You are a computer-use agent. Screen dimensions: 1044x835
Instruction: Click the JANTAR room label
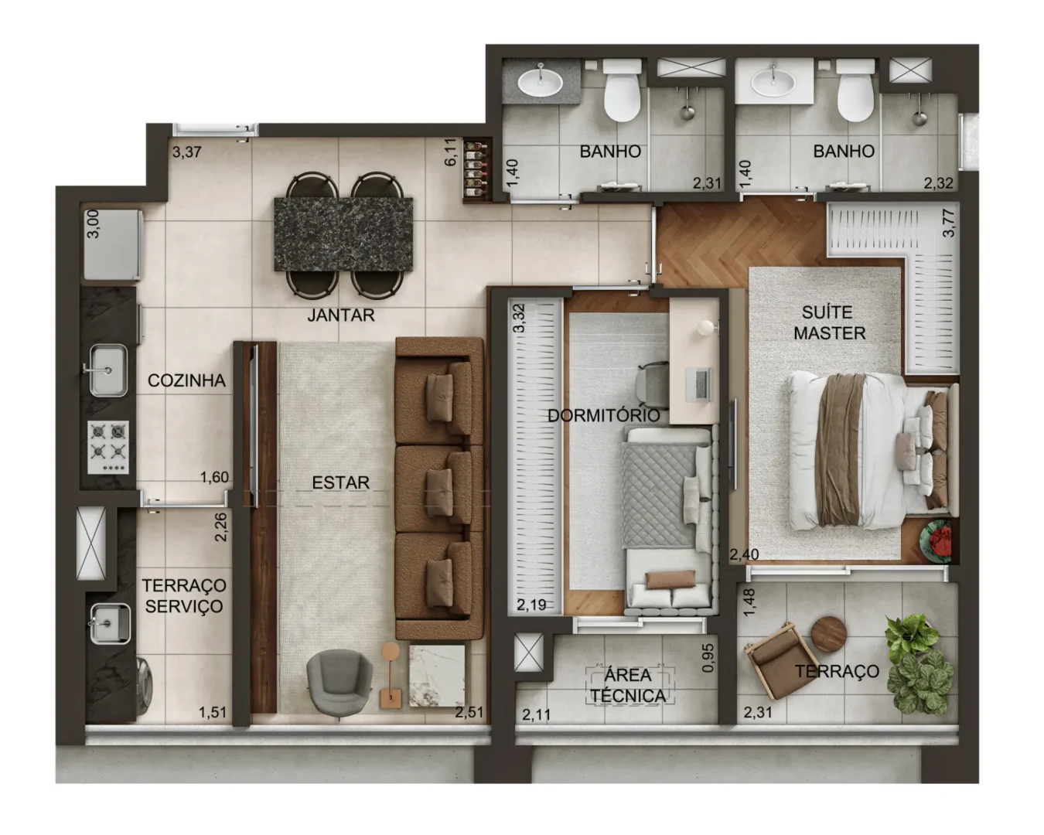341,315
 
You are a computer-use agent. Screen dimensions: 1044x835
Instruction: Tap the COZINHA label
187,381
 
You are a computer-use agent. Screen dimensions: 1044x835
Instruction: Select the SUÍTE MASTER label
830,322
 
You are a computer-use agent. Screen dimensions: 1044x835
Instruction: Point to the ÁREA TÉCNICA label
628,685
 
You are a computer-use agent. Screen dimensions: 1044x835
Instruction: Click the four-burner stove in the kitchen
108,447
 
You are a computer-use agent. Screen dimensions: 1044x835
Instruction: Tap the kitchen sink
108,370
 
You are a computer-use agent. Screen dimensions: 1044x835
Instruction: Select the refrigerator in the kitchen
114,244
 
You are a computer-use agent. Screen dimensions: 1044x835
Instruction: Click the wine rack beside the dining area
477,170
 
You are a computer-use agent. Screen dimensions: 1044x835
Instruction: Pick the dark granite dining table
343,233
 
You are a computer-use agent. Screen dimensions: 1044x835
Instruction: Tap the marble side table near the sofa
437,675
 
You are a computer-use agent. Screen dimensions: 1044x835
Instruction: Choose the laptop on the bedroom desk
698,385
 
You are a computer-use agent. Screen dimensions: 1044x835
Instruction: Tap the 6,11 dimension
450,152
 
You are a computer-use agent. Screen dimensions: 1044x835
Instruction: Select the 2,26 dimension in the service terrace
220,527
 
